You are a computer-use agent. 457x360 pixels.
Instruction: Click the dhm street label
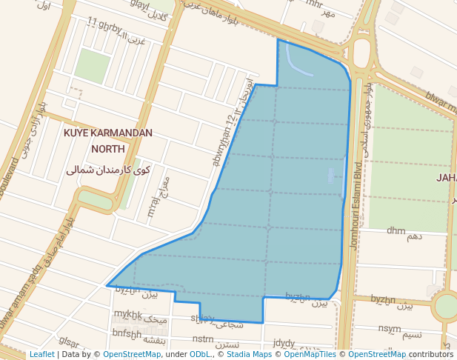[396, 231]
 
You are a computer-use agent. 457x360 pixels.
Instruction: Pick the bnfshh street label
[127, 333]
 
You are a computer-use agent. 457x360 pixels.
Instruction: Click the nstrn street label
[202, 339]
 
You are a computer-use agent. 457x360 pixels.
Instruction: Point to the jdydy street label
[284, 343]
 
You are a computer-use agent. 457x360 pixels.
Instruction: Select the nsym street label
[390, 328]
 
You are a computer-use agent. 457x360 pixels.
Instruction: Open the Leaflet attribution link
[41, 355]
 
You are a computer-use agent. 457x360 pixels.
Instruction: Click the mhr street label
[315, 4]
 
